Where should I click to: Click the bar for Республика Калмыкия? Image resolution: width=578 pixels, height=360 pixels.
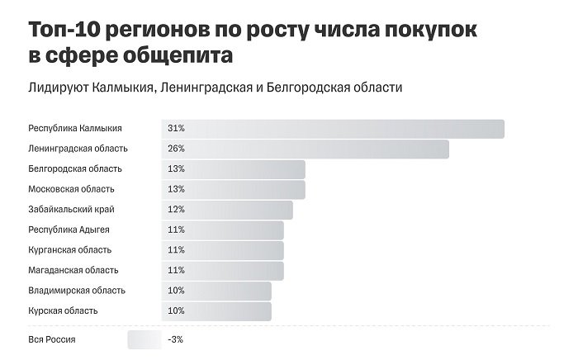point(333,129)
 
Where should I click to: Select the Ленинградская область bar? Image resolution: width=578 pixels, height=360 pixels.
point(305,149)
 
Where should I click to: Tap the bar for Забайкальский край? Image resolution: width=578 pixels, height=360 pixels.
point(227,210)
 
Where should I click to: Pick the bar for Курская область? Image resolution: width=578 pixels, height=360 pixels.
point(216,310)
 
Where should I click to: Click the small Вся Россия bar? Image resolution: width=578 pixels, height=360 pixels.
point(144,339)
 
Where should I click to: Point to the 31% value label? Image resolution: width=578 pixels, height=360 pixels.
point(176,129)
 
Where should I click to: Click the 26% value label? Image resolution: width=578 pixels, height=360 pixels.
point(176,149)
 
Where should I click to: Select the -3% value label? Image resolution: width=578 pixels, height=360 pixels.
point(175,339)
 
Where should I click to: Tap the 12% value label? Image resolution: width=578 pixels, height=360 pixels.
point(176,210)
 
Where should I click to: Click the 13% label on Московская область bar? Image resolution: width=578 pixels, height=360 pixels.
point(176,189)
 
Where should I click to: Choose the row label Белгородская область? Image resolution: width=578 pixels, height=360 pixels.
point(75,169)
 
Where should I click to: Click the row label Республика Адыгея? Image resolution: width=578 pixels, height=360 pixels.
point(69,230)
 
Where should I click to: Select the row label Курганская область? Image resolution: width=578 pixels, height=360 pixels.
point(70,250)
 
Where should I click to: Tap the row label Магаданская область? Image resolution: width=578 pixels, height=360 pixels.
point(73,270)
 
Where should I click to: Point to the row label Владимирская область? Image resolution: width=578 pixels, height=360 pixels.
point(77,291)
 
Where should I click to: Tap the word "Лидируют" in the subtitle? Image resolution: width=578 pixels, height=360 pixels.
point(54,88)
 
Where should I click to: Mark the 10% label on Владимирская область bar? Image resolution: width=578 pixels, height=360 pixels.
point(176,291)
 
